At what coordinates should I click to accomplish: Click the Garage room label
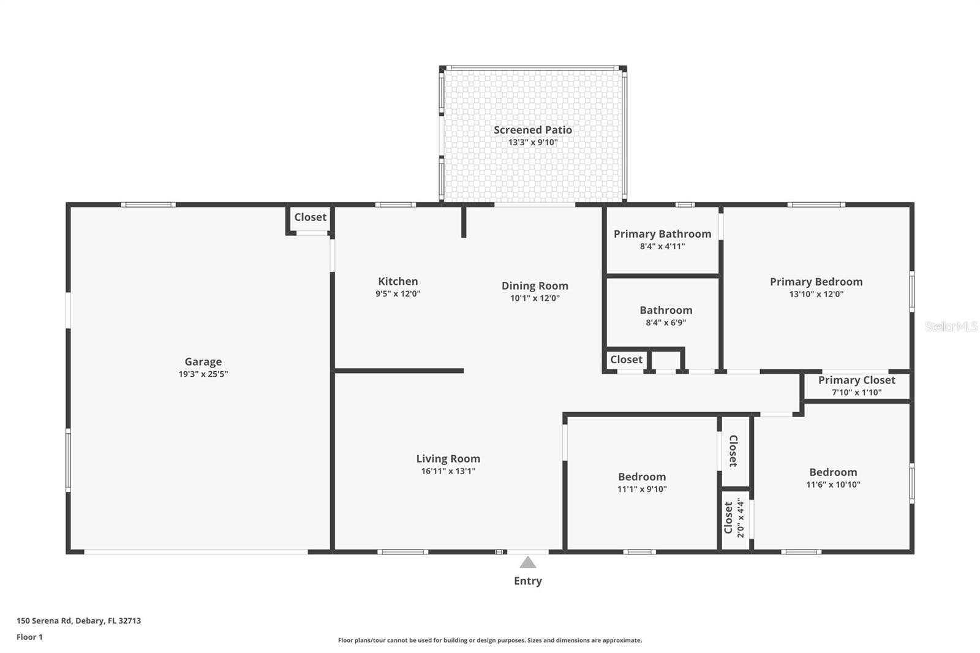click(203, 362)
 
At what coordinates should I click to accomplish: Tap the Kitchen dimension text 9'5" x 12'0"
click(398, 293)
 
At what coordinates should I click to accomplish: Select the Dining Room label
click(535, 286)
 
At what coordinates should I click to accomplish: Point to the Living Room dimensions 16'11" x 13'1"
click(448, 471)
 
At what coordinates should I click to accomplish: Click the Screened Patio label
click(533, 130)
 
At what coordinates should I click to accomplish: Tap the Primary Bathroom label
click(662, 234)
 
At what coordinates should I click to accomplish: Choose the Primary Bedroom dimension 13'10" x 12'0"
click(816, 294)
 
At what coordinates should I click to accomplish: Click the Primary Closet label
click(857, 380)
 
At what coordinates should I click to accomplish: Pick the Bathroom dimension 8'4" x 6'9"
click(666, 323)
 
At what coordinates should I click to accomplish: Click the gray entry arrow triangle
click(527, 562)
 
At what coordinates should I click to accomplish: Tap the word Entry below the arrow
click(527, 581)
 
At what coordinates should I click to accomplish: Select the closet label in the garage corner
click(310, 217)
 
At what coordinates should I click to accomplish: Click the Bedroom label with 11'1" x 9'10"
click(642, 477)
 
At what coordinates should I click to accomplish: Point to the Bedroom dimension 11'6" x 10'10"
click(833, 485)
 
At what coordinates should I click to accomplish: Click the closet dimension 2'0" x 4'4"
click(741, 518)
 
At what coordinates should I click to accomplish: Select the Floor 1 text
click(30, 637)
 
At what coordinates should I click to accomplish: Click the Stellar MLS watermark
click(951, 326)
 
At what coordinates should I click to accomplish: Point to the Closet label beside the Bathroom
click(626, 360)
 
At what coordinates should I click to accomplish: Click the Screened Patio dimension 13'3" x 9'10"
click(533, 142)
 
